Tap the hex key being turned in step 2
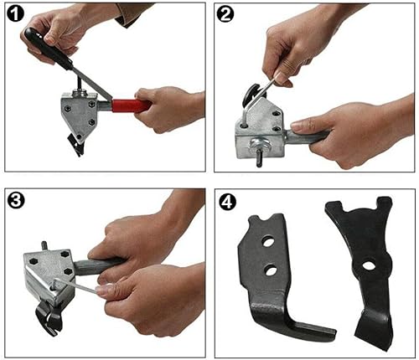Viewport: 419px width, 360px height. [270, 83]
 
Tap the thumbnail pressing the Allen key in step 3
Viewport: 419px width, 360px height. [106, 289]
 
